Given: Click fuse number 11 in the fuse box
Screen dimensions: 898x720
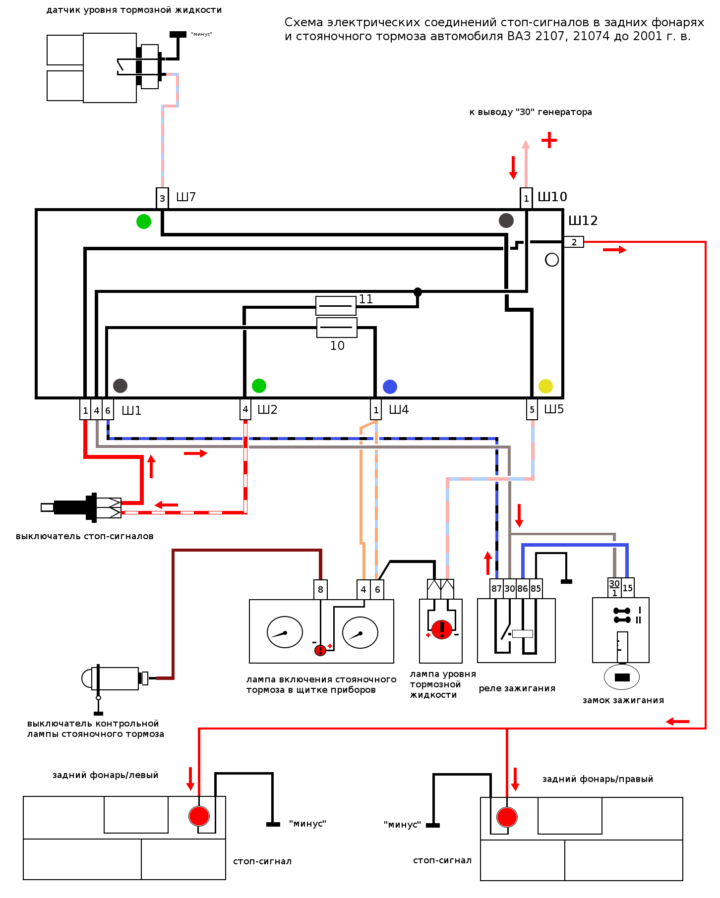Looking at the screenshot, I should (x=336, y=306).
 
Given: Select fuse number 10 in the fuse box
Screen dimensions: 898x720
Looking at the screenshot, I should (x=337, y=328).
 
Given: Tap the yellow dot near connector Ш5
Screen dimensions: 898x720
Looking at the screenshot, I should (x=545, y=386).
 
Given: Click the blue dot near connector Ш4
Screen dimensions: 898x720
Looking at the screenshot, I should (x=390, y=387).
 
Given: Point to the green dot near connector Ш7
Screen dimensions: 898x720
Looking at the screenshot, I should (x=144, y=221).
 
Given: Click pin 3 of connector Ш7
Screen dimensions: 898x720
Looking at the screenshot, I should (x=162, y=199).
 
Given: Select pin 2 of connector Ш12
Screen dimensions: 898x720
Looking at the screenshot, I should (x=574, y=242).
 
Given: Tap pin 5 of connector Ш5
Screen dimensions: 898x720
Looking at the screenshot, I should (x=532, y=409).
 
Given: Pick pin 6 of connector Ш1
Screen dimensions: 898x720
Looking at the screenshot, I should (x=108, y=410).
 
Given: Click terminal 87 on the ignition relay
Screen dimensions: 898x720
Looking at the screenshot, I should (x=496, y=588).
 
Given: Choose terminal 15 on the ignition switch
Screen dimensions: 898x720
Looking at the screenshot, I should (x=627, y=588).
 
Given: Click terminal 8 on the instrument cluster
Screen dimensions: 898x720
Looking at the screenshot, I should (x=320, y=589).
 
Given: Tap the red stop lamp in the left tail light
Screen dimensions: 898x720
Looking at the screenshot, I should (x=199, y=816).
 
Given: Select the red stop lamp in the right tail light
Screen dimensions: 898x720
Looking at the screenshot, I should (x=507, y=817).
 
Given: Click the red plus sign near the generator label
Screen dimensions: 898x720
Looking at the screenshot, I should (x=549, y=140).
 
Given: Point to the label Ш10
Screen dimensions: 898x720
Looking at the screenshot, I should (x=552, y=197).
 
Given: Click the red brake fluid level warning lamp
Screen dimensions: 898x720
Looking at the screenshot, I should (x=441, y=629).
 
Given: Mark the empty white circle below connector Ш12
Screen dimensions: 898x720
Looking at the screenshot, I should (x=552, y=260).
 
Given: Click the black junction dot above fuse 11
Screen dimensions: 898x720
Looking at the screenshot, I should (x=418, y=292).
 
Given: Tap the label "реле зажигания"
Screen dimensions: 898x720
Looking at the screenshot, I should (x=517, y=688).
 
